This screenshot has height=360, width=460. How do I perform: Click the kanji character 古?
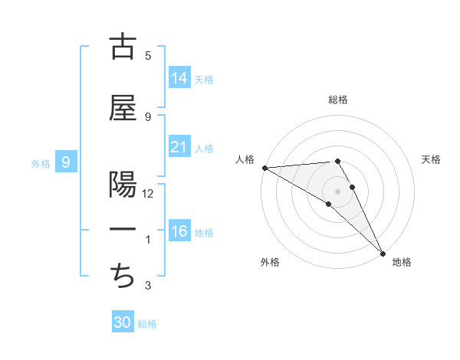point(123,47)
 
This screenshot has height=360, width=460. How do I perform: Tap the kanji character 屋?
point(123,109)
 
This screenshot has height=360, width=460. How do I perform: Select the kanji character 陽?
point(123,186)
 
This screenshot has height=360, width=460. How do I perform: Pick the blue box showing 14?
point(179,78)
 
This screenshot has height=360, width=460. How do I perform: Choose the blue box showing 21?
point(179,147)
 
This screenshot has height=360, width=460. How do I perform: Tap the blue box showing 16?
point(179,231)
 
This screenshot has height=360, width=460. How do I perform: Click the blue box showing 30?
point(123,322)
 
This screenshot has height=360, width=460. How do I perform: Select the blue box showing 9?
point(66,162)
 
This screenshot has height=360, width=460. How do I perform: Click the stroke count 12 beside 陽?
point(148,194)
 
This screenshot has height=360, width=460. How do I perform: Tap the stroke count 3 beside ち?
point(148,286)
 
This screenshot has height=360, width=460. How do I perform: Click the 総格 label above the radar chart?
point(338,100)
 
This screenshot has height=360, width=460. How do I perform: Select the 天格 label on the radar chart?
point(432,159)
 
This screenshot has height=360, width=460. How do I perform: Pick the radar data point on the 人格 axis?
point(264,168)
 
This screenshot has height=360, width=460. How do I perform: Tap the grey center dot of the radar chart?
point(338,191)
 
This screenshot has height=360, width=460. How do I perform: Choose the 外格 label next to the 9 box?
point(40,163)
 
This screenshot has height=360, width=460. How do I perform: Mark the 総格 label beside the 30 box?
point(147,324)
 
